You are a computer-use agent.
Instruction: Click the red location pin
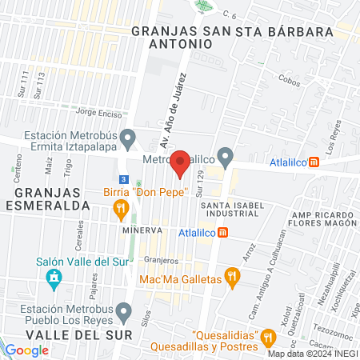tap(180, 162)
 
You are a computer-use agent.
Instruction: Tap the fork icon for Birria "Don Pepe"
tap(122, 210)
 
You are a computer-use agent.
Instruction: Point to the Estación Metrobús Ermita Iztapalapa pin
tap(126, 142)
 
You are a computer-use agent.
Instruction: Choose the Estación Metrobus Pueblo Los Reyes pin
tap(122, 310)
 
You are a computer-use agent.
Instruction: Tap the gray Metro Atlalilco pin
tap(226, 156)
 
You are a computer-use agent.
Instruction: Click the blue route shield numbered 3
tap(122, 179)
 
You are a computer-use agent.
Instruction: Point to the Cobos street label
tap(290, 81)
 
